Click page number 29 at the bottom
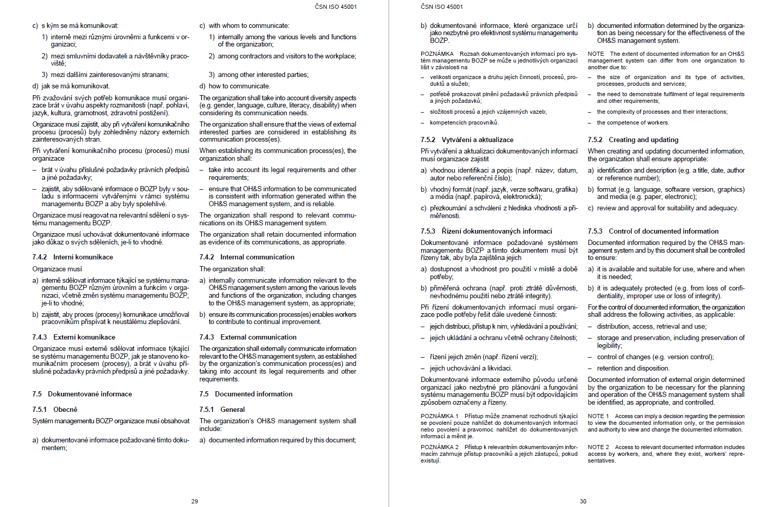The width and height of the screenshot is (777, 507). tap(195, 501)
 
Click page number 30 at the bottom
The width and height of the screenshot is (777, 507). tap(583, 501)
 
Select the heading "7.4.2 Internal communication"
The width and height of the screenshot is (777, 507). tap(247, 257)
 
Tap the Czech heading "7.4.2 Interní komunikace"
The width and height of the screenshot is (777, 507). tap(72, 257)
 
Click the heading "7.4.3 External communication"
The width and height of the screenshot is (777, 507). tap(248, 337)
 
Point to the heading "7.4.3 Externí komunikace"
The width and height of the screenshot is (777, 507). tap(74, 337)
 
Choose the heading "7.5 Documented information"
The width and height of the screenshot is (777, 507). tap(246, 394)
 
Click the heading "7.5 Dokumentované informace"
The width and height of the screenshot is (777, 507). tap(82, 394)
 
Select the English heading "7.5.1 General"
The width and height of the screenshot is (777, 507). tap(222, 409)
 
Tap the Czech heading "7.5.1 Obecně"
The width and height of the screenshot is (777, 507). tap(55, 409)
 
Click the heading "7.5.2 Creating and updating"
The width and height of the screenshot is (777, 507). tap(633, 140)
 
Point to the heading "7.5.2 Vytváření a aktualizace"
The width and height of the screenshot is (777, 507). tap(467, 140)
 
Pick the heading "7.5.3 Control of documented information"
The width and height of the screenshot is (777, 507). tap(653, 231)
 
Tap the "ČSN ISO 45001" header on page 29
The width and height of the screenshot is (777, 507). tap(336, 7)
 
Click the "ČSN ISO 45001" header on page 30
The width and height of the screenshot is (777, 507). tap(442, 7)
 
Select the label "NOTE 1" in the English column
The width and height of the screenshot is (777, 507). tap(598, 416)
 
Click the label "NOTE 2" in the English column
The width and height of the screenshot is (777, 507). tap(598, 447)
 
